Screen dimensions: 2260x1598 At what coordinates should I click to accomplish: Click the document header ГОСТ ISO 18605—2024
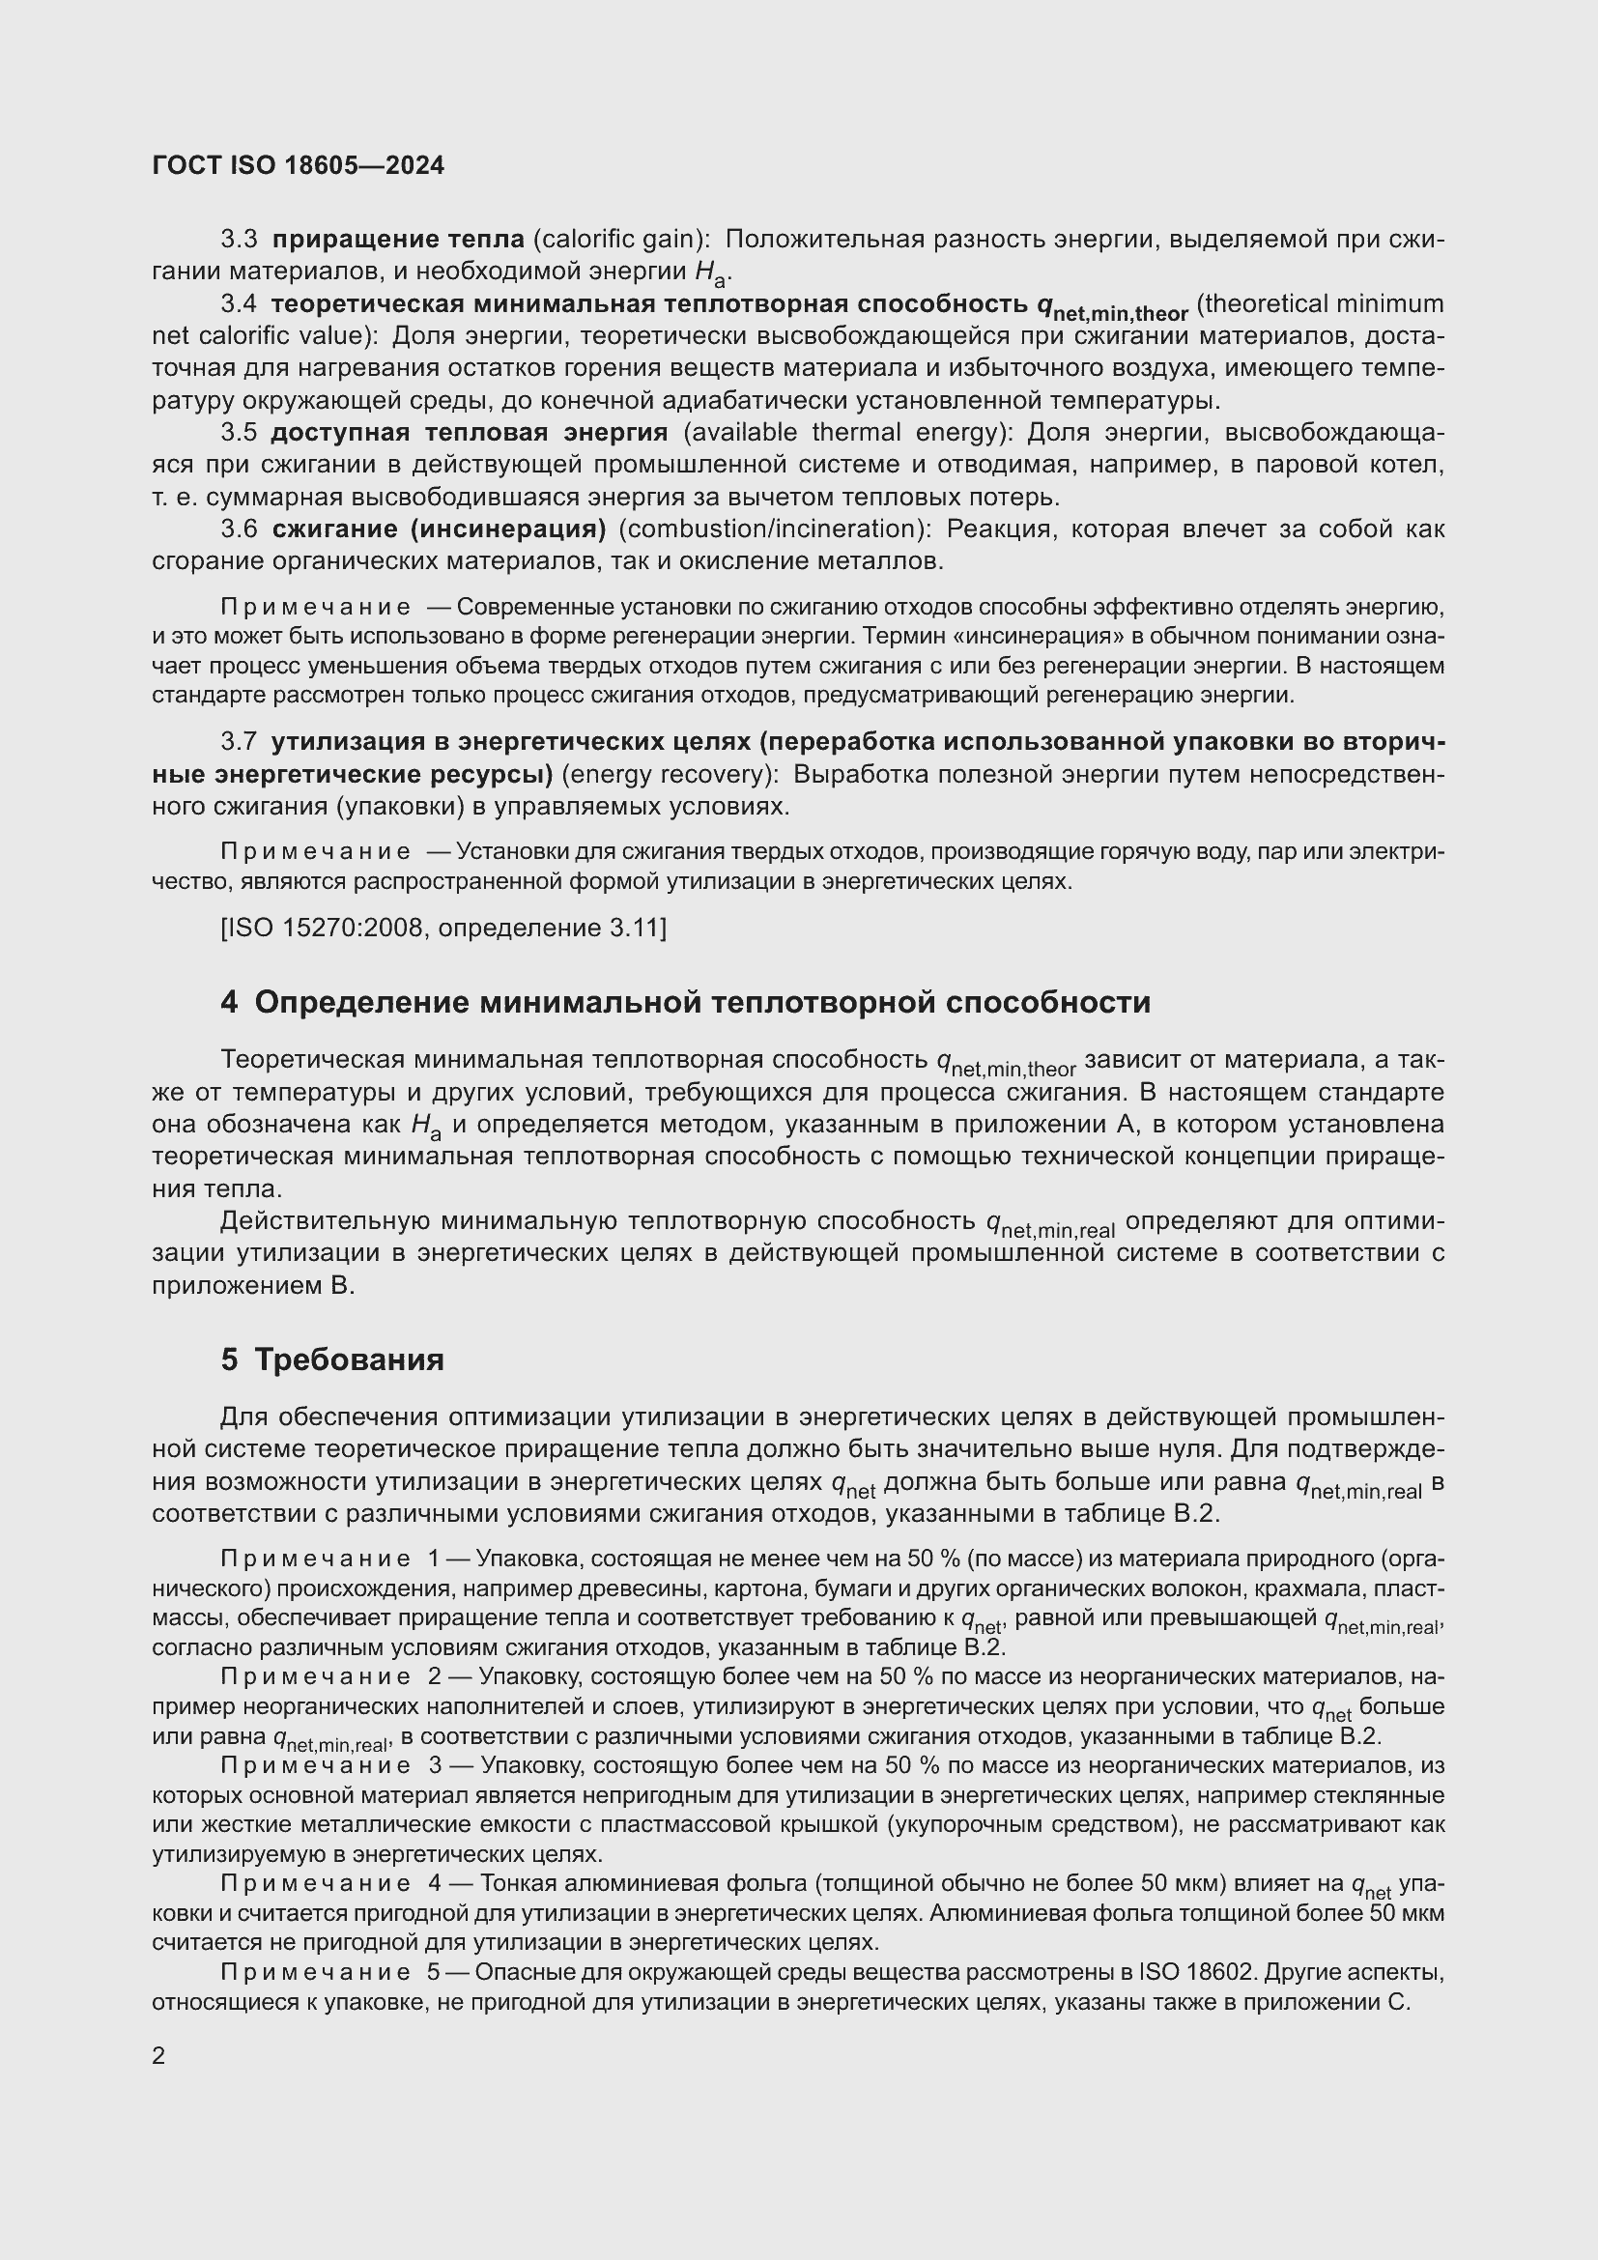[299, 165]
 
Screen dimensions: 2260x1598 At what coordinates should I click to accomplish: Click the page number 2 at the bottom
[159, 2055]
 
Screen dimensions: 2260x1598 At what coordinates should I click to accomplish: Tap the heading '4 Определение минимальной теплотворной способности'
[685, 1002]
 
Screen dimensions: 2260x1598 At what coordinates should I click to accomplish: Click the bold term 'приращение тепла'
[397, 240]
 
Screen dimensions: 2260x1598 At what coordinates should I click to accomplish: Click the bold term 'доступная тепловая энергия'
[469, 432]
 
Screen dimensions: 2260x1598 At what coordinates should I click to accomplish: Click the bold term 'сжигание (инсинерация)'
[439, 529]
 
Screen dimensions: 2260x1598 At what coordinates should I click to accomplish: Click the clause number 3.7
[239, 742]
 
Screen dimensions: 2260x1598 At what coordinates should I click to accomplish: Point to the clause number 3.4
[239, 304]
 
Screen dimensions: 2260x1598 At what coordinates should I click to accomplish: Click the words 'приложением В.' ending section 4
[253, 1285]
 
